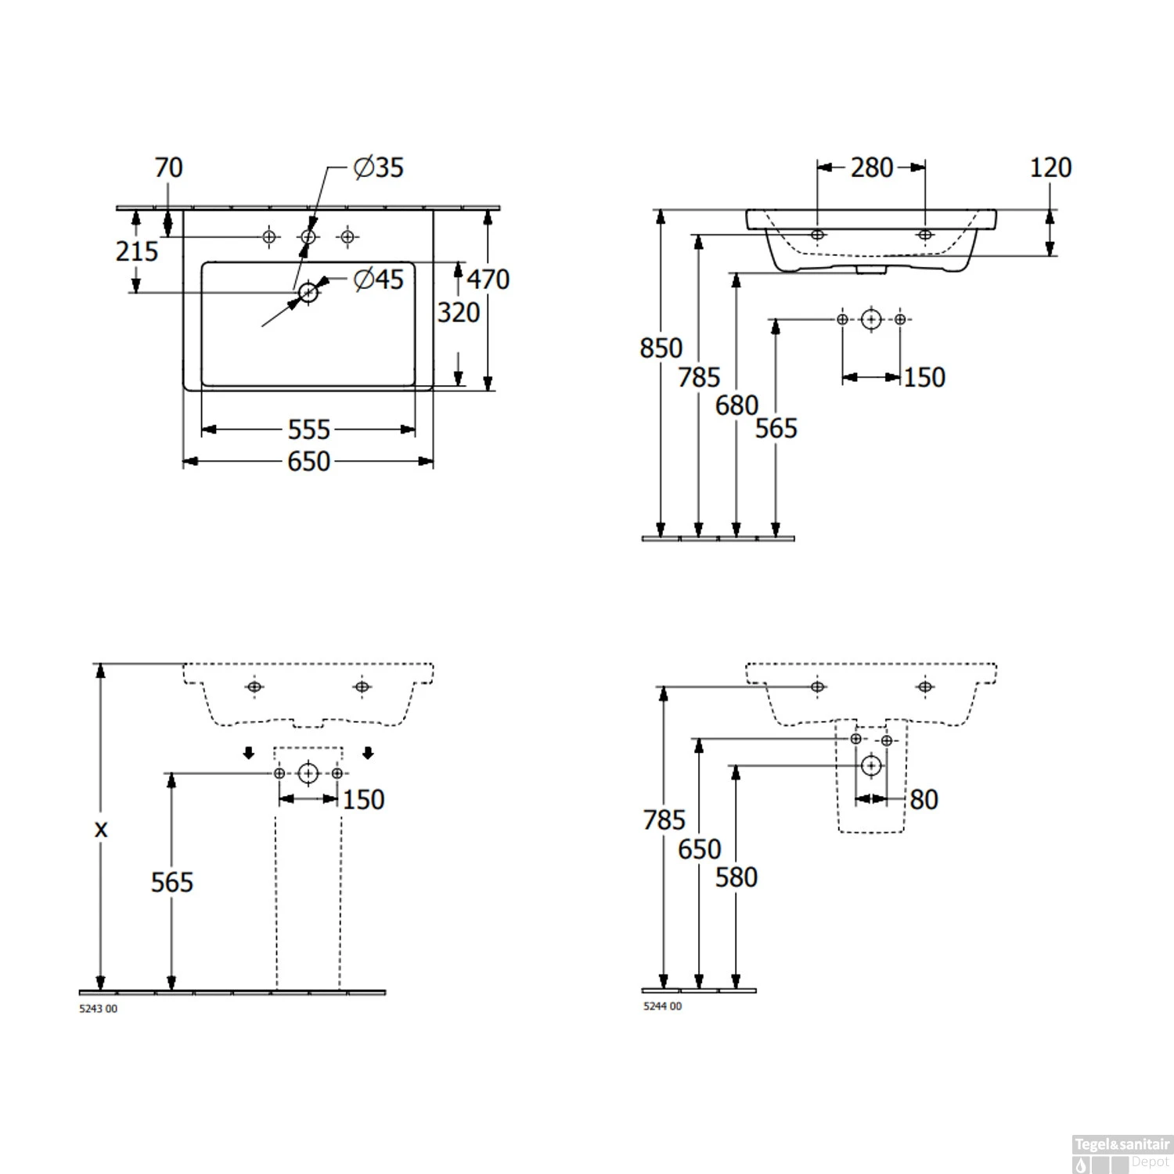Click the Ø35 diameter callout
(379, 167)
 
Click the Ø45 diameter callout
(379, 279)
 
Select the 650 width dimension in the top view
(309, 462)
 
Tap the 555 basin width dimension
(309, 430)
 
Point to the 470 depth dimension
(488, 279)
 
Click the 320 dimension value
(459, 312)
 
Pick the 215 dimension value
(137, 251)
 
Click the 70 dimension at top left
(168, 167)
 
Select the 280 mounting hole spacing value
(872, 167)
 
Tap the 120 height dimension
(1050, 167)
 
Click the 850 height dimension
(661, 348)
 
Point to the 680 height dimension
(736, 405)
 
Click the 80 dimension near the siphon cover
(924, 799)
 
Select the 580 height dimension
(736, 877)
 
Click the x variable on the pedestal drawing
(101, 830)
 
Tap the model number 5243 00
(99, 1009)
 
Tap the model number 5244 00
(663, 1007)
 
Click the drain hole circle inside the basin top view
(308, 293)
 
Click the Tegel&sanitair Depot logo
(1122, 1154)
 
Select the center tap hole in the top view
(308, 236)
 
